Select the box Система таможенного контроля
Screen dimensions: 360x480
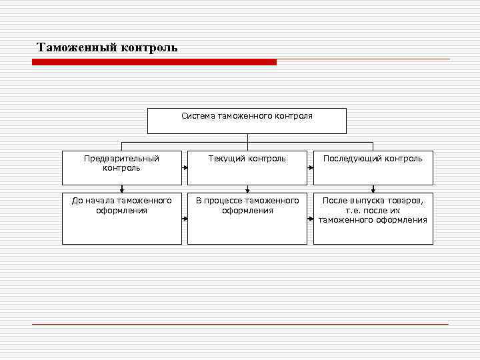[x=247, y=121]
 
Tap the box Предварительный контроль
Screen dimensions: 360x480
[x=121, y=168]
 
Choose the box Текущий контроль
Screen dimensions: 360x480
[x=247, y=168]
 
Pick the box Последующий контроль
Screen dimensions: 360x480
[x=373, y=168]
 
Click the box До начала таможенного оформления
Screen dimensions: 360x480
[x=121, y=219]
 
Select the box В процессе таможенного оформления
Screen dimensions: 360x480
[x=247, y=219]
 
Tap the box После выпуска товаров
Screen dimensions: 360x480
[x=373, y=219]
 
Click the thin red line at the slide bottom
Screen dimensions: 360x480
[x=240, y=325]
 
